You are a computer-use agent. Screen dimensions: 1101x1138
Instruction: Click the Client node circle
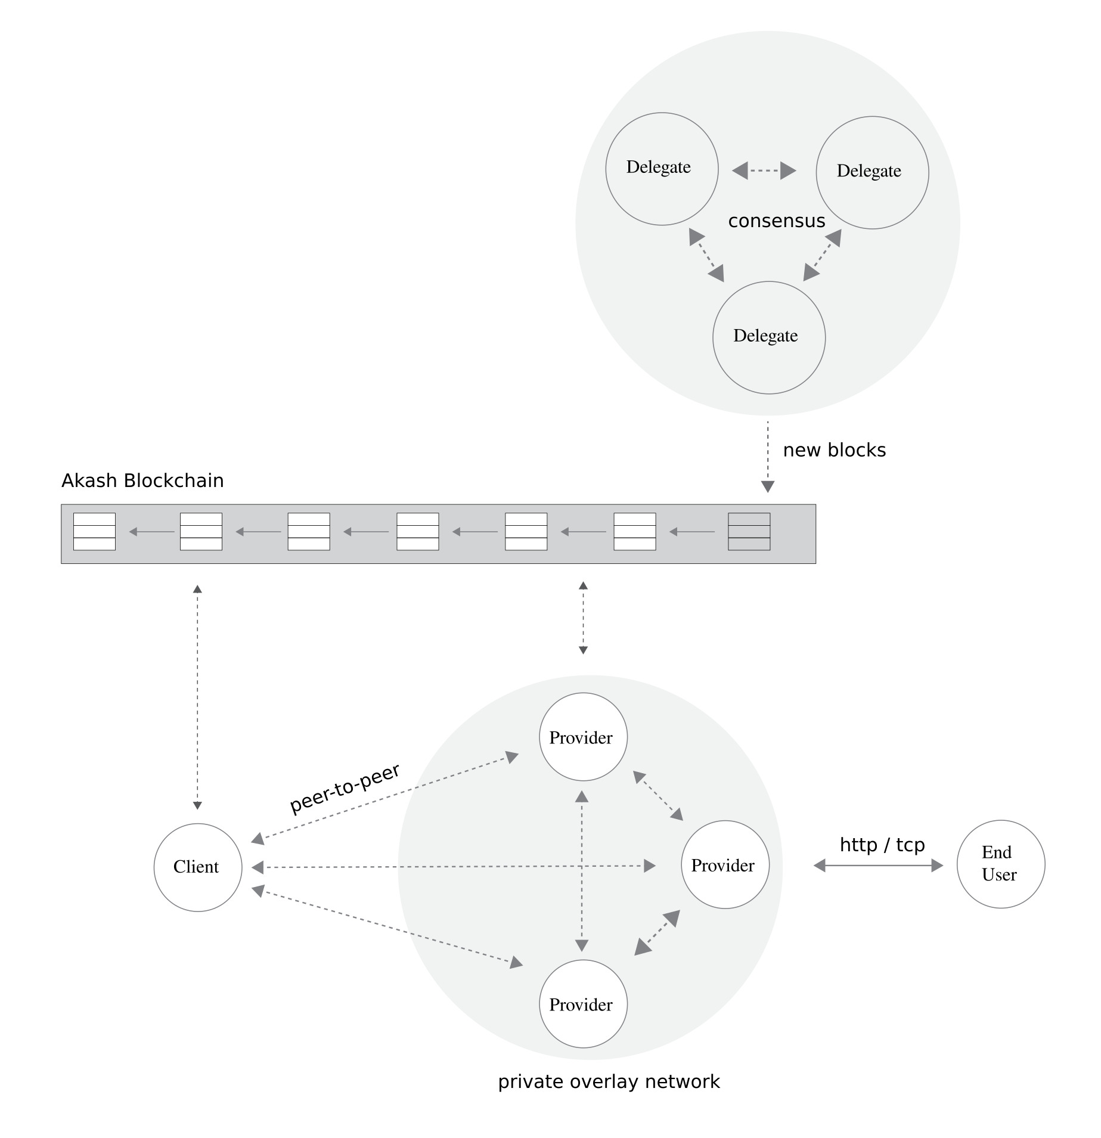click(198, 867)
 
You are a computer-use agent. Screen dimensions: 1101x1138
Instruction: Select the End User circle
click(1001, 864)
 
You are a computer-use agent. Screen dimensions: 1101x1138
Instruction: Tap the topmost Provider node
click(583, 737)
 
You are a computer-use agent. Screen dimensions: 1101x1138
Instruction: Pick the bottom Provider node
click(583, 1004)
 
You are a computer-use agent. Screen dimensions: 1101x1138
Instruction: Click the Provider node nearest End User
click(725, 865)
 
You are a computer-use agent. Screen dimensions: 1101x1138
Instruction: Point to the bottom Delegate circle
click(769, 337)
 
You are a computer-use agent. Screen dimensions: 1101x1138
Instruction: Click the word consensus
click(777, 221)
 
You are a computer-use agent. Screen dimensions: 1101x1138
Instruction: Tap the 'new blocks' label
click(835, 450)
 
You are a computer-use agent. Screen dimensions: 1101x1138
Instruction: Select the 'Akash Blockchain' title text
click(142, 480)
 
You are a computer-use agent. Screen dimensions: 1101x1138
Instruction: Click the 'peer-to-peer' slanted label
click(345, 789)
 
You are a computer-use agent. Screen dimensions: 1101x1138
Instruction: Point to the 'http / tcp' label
click(882, 845)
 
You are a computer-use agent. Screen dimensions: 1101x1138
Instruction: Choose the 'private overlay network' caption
click(609, 1082)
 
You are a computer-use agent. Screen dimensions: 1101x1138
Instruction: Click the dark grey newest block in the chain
click(749, 532)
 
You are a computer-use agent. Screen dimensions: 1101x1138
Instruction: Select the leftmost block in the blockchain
click(94, 532)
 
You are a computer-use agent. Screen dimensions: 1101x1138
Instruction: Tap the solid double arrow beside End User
click(879, 866)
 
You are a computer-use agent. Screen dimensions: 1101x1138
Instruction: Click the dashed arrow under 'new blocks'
click(768, 457)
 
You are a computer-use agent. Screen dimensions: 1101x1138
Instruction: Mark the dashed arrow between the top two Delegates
click(764, 171)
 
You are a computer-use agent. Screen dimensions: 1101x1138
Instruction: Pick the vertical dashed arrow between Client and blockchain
click(197, 697)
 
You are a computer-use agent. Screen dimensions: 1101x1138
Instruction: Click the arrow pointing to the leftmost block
click(151, 532)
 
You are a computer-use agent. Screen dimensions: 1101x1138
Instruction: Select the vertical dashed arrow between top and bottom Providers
click(582, 871)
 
